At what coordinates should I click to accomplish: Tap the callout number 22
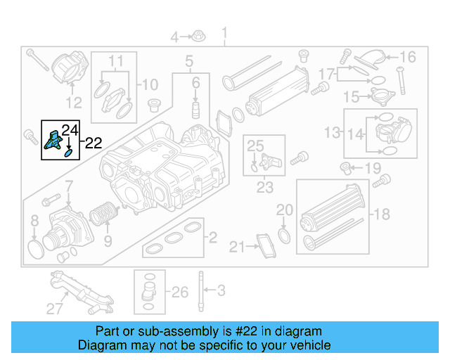tap(94, 143)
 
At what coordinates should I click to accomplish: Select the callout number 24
tap(70, 129)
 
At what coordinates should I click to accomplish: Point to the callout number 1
tap(225, 33)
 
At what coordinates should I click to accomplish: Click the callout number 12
tap(74, 103)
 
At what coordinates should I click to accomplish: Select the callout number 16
tap(408, 58)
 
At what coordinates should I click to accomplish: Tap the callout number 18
tap(381, 214)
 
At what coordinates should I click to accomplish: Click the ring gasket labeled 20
tap(284, 233)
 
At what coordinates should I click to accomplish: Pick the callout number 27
tap(55, 308)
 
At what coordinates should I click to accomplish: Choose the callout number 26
tap(180, 292)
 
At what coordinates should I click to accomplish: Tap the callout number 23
tap(264, 188)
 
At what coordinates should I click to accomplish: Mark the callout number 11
tap(115, 60)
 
